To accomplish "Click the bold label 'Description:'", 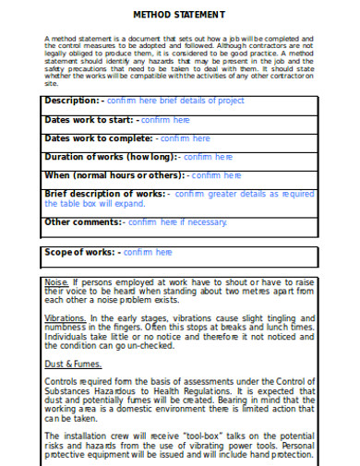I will pos(73,100).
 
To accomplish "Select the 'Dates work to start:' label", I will pos(89,119).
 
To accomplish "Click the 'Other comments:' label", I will pos(83,221).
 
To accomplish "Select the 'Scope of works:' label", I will pos(80,251).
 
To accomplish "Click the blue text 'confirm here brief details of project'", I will pos(175,100).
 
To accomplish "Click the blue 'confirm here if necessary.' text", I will pos(177,221).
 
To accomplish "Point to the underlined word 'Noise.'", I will pos(56,281).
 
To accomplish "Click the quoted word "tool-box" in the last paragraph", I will pos(190,433).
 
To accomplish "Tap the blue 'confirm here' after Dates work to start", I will pos(165,119).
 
